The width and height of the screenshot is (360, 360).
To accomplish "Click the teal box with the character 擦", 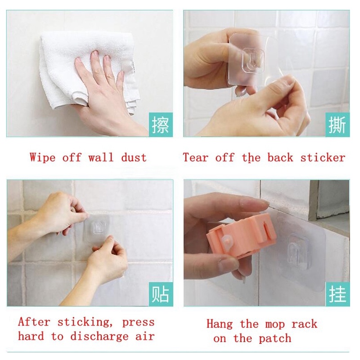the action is [161, 125].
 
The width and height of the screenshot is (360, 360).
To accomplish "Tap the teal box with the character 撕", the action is [337, 125].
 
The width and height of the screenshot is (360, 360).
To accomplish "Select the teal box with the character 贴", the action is [161, 294].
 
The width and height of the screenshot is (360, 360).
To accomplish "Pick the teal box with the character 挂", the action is [337, 294].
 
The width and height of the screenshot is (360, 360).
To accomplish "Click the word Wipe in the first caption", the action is [42, 158].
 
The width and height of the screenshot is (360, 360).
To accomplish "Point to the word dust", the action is [134, 158].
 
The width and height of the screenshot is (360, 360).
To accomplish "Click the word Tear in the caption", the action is [196, 158].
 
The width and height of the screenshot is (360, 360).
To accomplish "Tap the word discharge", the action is [99, 337].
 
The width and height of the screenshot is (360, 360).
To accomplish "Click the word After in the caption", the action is [34, 322].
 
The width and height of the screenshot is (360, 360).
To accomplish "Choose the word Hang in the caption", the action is [220, 324].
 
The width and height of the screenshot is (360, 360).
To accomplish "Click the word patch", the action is [275, 339].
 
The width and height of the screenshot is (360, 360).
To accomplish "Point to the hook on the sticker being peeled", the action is [254, 60].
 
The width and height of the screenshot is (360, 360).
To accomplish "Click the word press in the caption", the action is [138, 323].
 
